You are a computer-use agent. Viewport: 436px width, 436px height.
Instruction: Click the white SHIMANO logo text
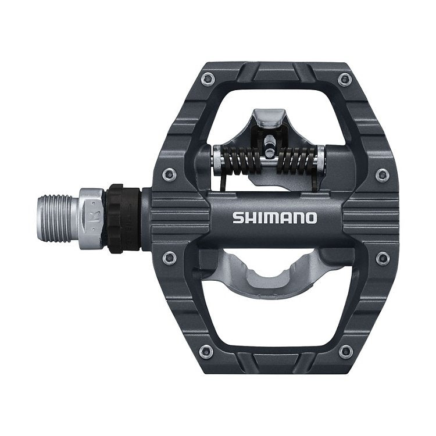275,219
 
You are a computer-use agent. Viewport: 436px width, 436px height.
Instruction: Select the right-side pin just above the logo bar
382,173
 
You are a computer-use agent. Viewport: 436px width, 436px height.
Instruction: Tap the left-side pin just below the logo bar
169,256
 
